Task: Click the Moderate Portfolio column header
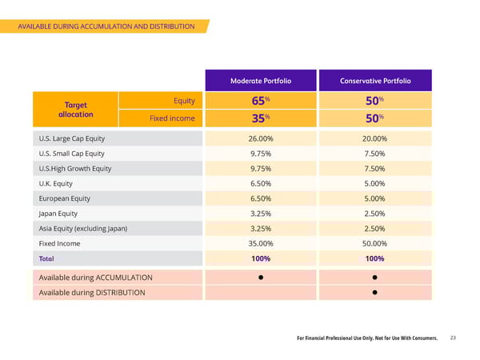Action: click(x=261, y=81)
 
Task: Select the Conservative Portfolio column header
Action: click(x=375, y=81)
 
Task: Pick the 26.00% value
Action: click(x=261, y=138)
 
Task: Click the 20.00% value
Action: click(x=374, y=138)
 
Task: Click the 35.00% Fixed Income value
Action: click(x=261, y=243)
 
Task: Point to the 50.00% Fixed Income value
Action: click(x=374, y=243)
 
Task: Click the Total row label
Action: click(x=46, y=258)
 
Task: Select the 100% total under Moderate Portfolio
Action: click(x=261, y=258)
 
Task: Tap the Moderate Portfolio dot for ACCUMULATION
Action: click(x=261, y=277)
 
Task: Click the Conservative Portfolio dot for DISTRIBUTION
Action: click(x=374, y=293)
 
